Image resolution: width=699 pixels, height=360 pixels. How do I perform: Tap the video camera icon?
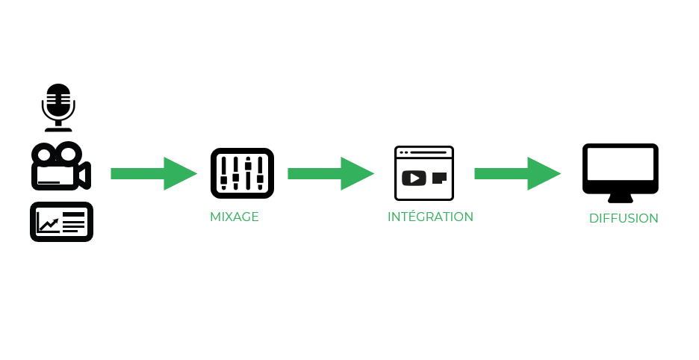60,167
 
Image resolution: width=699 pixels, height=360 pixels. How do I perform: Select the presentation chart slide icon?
61,222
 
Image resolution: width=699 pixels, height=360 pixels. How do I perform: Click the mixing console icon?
242,173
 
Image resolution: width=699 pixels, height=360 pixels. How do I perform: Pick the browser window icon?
423,173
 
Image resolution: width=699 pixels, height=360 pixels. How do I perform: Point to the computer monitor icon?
620,172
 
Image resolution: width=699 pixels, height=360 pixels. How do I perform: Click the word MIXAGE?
234,217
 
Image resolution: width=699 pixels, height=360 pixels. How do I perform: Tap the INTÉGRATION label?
430,217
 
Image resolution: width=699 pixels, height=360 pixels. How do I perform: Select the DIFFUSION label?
624,219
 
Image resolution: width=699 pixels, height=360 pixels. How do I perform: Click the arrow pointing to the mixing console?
153,173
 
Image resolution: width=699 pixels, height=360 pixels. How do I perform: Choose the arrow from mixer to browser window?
330,173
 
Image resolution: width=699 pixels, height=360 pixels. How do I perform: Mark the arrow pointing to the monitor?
517,173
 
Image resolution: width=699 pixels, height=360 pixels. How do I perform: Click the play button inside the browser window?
414,179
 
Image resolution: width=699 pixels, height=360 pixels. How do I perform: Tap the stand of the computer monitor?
620,198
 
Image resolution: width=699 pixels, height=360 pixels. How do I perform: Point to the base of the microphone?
58,128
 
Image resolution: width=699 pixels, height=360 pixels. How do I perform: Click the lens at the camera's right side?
85,176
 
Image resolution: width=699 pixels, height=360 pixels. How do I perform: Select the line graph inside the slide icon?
49,223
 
